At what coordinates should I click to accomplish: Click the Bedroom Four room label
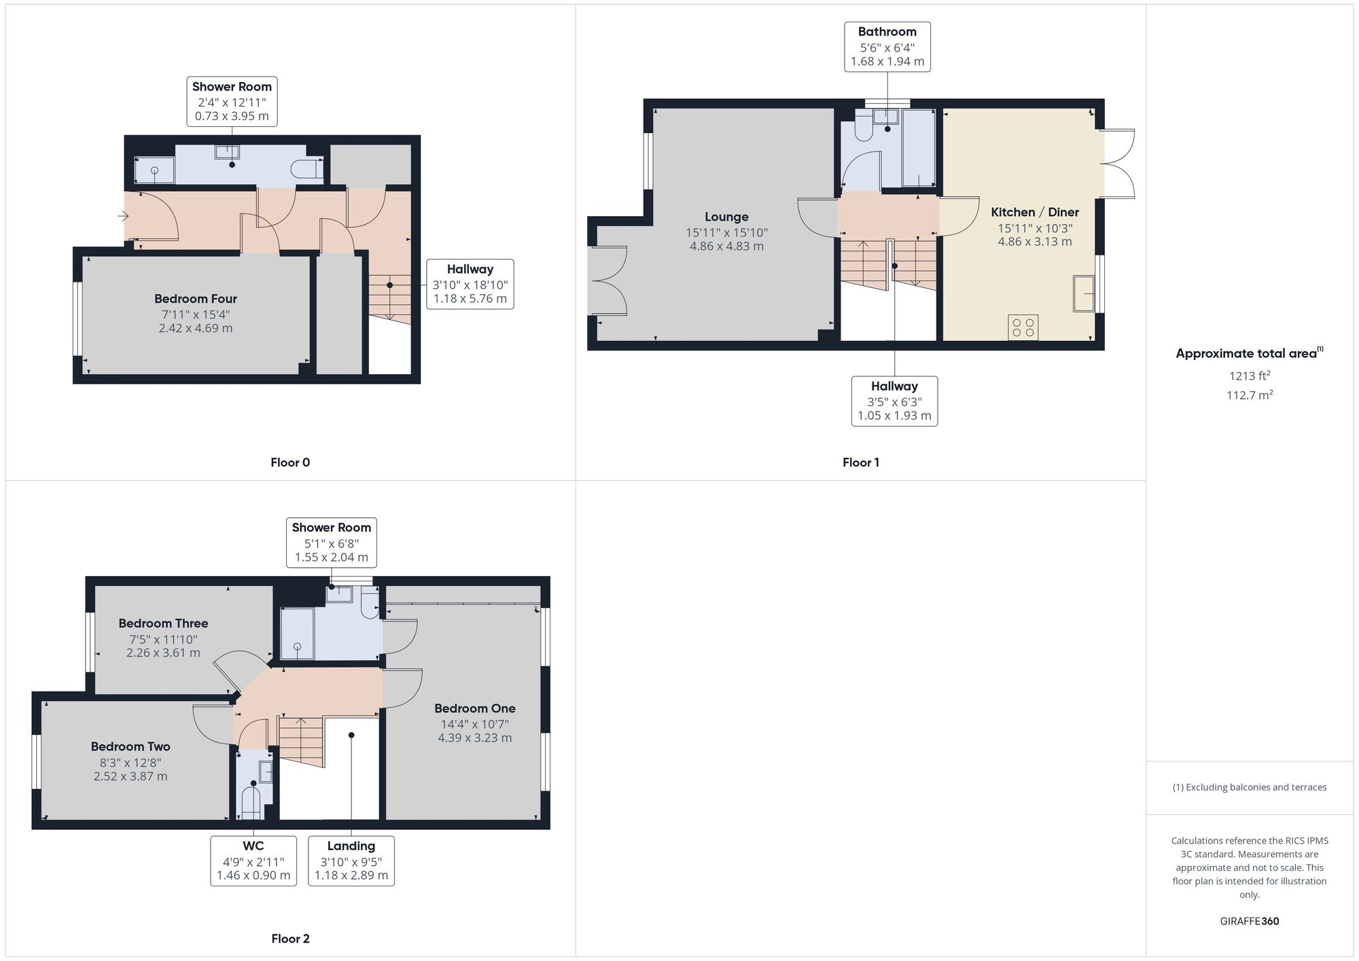coord(196,299)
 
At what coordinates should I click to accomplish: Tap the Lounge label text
coord(726,217)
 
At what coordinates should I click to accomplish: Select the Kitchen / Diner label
coord(1035,212)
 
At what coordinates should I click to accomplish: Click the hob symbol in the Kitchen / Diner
coord(1023,327)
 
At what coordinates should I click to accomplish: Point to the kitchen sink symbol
coord(1084,293)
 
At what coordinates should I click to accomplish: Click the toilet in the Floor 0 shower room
coord(306,168)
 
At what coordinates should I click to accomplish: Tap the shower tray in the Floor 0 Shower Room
coord(154,170)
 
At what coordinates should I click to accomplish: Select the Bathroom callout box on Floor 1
coord(887,46)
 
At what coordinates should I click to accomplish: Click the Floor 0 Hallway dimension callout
coord(470,284)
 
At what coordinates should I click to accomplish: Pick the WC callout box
coord(253,860)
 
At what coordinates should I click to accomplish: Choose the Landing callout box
coord(351,860)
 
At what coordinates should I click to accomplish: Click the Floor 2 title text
coord(290,939)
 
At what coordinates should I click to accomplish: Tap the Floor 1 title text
coord(861,463)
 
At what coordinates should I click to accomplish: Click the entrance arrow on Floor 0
coord(123,216)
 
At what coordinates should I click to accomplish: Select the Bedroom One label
coord(475,708)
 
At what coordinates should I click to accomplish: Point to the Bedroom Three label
coord(163,623)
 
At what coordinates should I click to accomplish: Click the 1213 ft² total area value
coord(1250,376)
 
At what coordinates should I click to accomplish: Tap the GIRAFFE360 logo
coord(1250,922)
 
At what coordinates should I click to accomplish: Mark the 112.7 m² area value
coord(1250,395)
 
